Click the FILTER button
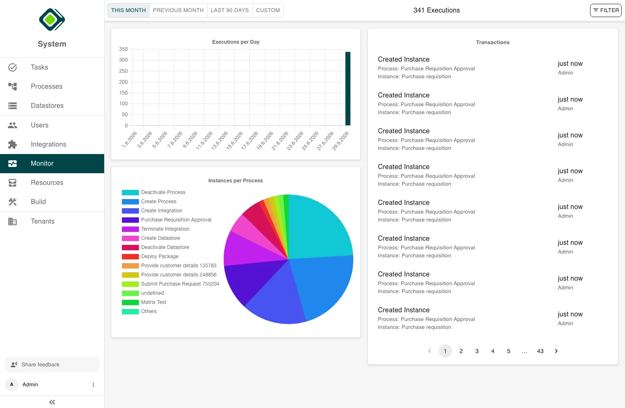click(x=605, y=10)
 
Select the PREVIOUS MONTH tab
click(x=178, y=10)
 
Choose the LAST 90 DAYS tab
click(x=230, y=10)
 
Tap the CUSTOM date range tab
click(x=268, y=10)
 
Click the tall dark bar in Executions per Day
click(x=347, y=89)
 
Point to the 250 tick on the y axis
click(x=123, y=71)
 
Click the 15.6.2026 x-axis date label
click(x=234, y=141)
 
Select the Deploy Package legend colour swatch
click(x=130, y=256)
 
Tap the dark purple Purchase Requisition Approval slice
click(x=251, y=279)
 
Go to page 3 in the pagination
click(x=477, y=351)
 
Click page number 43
click(x=540, y=351)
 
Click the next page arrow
click(x=556, y=351)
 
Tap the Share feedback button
click(x=52, y=365)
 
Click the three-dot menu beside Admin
click(x=93, y=385)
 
